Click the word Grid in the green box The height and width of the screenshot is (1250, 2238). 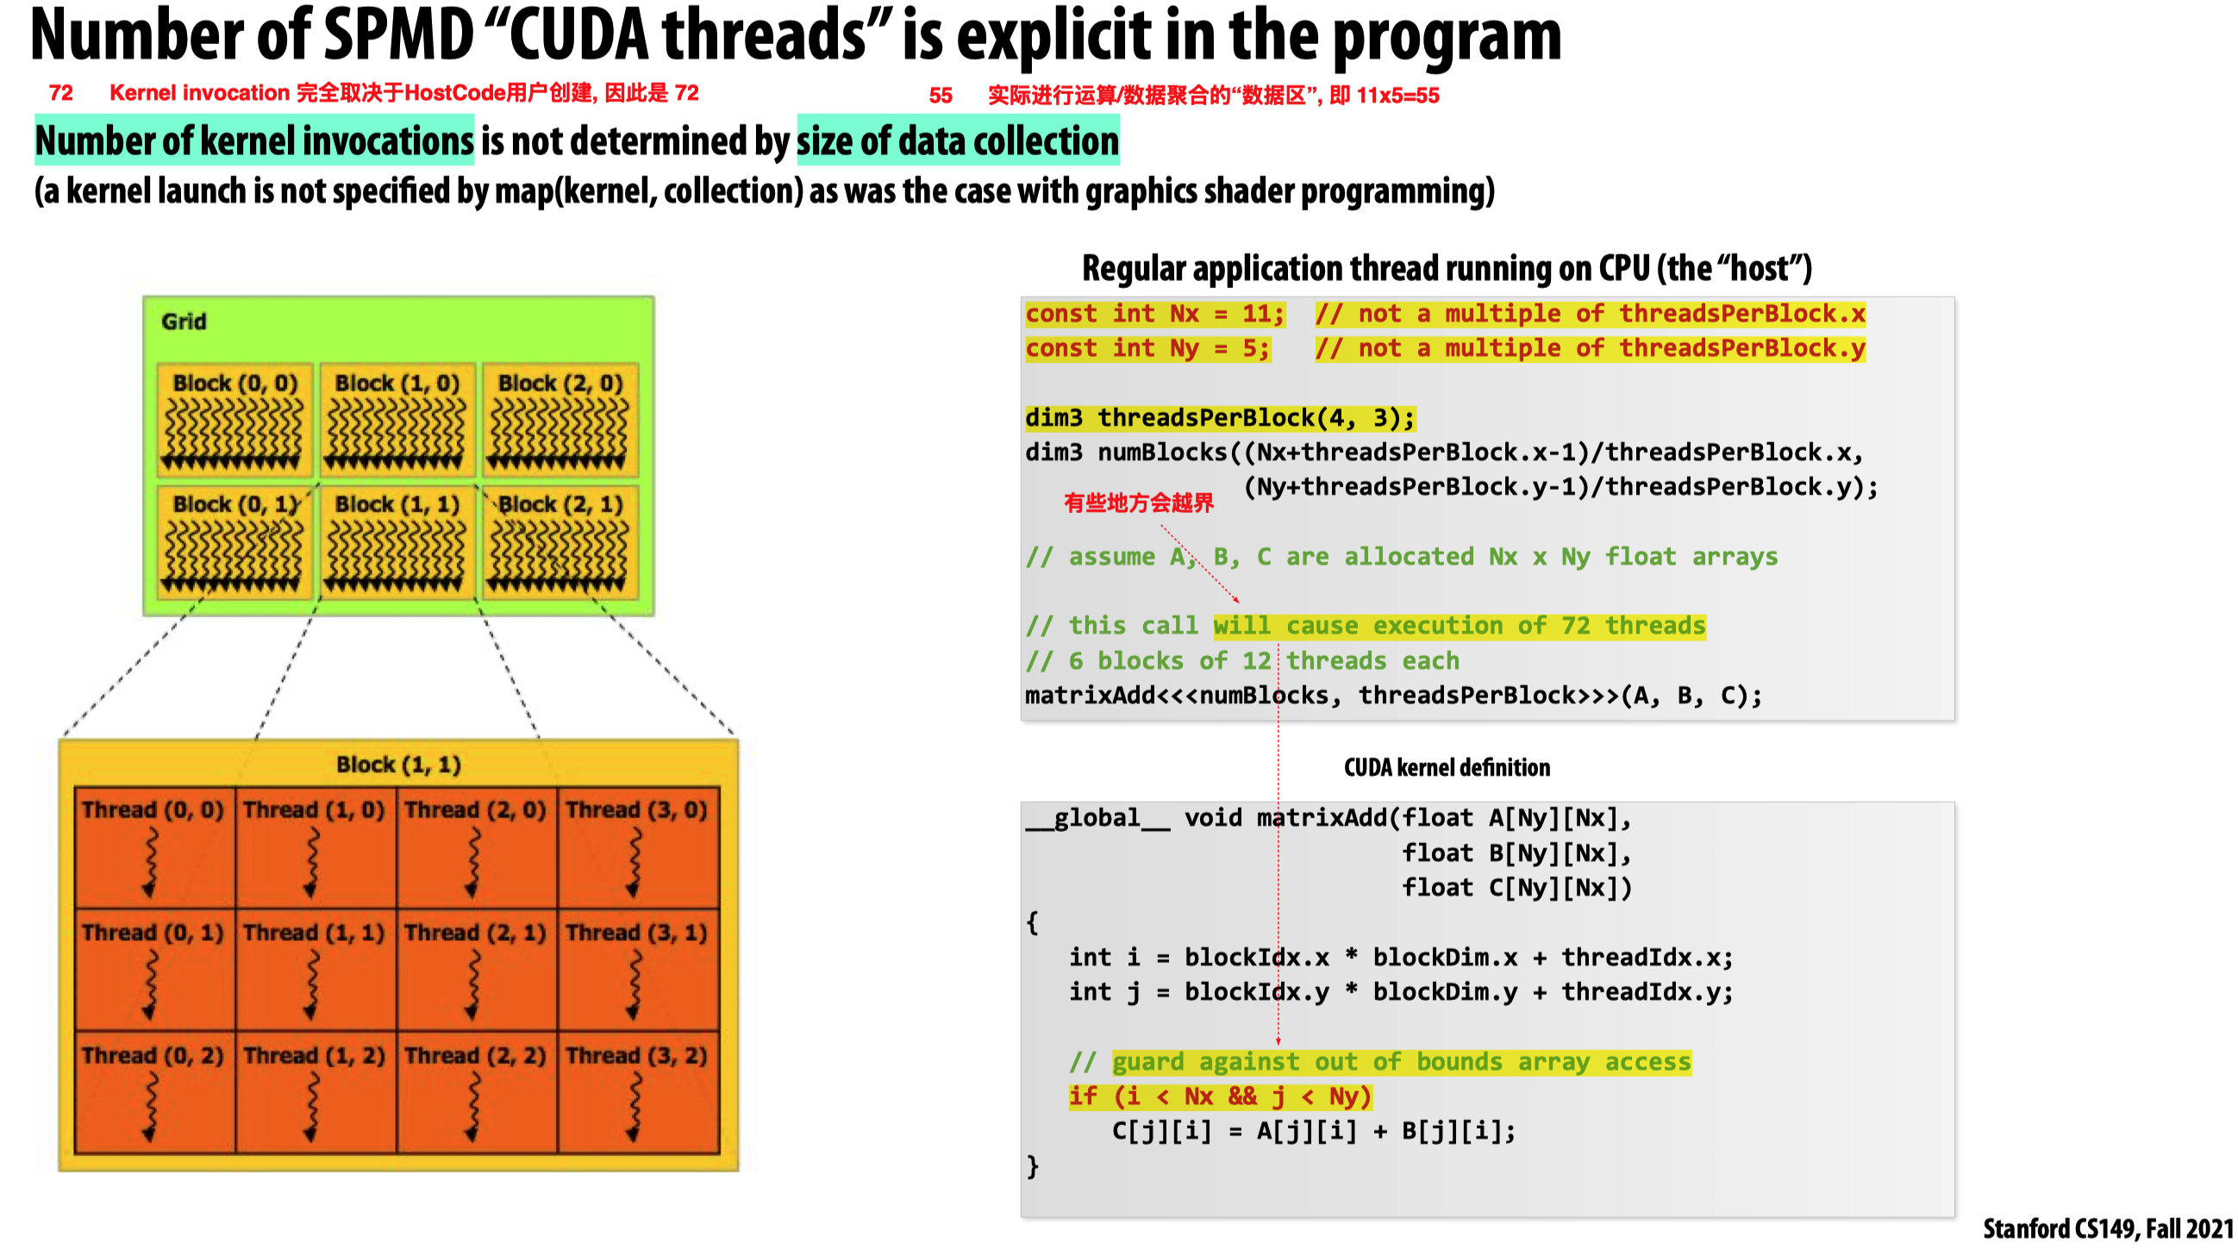[x=184, y=322]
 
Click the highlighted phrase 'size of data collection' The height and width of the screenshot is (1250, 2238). [x=958, y=141]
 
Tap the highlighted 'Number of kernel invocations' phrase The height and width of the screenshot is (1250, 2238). [x=254, y=141]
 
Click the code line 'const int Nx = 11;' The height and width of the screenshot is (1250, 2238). [x=1154, y=314]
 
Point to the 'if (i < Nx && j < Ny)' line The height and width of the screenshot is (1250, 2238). [x=1220, y=1097]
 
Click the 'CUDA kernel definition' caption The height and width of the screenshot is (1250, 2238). [x=1447, y=767]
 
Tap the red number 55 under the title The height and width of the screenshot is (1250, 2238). [x=940, y=96]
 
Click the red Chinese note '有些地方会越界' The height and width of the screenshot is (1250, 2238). [x=1138, y=503]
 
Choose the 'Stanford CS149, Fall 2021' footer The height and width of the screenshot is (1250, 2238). [x=2108, y=1228]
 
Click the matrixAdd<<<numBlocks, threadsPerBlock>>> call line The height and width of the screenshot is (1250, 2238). [x=1392, y=696]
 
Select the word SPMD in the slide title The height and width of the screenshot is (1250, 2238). [x=399, y=34]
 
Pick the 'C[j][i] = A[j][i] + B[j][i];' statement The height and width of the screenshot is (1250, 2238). [x=1314, y=1131]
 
